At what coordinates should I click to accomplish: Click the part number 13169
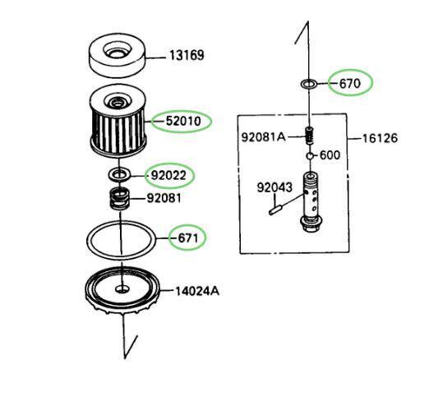[187, 55]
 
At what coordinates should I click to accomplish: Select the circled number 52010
[183, 121]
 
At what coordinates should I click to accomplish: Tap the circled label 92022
[168, 176]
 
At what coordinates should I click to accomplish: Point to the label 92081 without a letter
[164, 198]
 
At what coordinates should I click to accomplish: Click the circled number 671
[187, 238]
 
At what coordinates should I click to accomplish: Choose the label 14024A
[197, 291]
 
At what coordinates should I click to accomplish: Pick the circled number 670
[350, 83]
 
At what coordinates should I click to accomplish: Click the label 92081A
[263, 137]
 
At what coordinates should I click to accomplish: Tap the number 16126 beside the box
[380, 138]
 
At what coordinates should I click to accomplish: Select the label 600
[330, 155]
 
